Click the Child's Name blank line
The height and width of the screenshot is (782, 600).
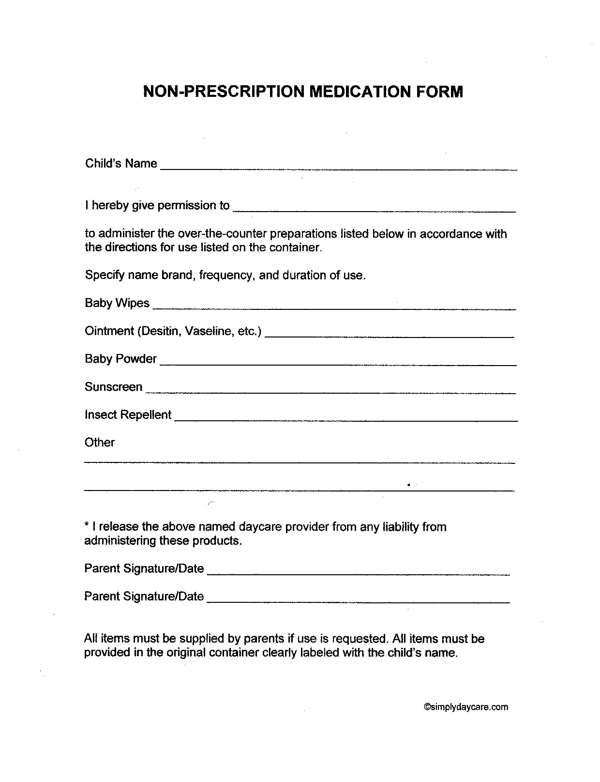click(338, 167)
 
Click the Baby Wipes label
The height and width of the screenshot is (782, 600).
click(117, 303)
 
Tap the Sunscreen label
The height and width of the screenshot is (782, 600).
click(113, 387)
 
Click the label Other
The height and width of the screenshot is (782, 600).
click(99, 443)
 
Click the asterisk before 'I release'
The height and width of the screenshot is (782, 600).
click(87, 526)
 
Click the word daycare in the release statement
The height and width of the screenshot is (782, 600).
click(254, 527)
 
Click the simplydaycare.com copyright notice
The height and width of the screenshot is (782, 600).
click(466, 707)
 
